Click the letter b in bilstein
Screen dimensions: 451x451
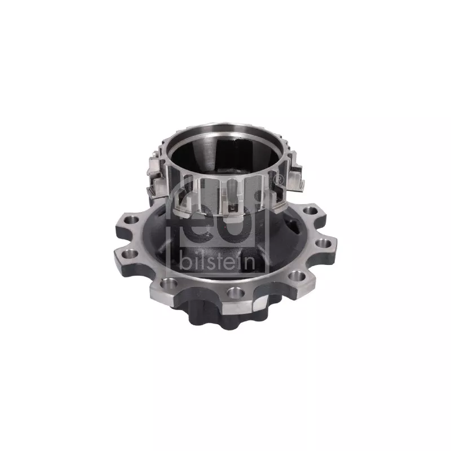[185, 262]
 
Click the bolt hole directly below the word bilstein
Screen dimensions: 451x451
[236, 293]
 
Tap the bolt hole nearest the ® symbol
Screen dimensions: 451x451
[311, 210]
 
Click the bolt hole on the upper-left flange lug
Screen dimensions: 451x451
[131, 220]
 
